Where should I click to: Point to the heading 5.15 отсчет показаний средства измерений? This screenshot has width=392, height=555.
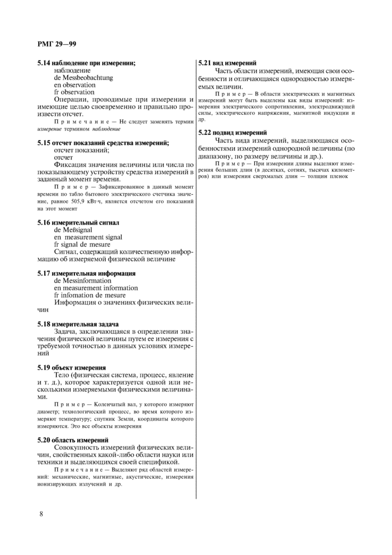(103, 143)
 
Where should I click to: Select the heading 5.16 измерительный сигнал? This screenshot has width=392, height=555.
(78, 222)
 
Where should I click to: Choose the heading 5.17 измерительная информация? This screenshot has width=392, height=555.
(86, 273)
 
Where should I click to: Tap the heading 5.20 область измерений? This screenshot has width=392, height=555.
(73, 441)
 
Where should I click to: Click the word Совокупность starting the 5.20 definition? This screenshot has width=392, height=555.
(77, 448)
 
